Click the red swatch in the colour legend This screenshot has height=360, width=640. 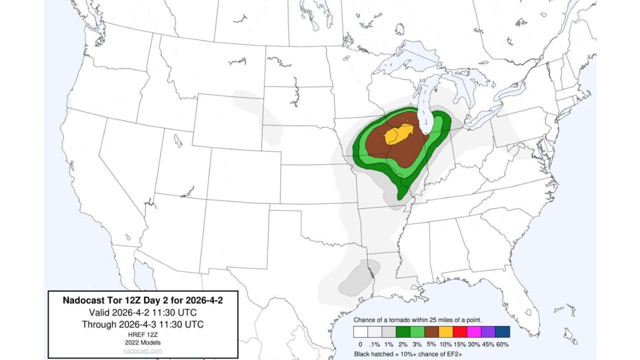click(459, 332)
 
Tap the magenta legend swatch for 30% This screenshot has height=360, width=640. click(474, 332)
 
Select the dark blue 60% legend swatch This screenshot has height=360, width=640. click(502, 332)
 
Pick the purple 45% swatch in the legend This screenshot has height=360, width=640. click(488, 332)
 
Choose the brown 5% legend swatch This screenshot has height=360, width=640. click(431, 332)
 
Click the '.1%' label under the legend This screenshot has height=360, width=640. click(374, 344)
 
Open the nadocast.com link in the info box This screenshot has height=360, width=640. click(142, 351)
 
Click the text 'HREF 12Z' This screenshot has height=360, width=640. click(142, 334)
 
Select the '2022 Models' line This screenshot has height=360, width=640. click(142, 342)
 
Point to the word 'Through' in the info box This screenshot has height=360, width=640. click(99, 324)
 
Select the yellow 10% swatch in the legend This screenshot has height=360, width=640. click(445, 332)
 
